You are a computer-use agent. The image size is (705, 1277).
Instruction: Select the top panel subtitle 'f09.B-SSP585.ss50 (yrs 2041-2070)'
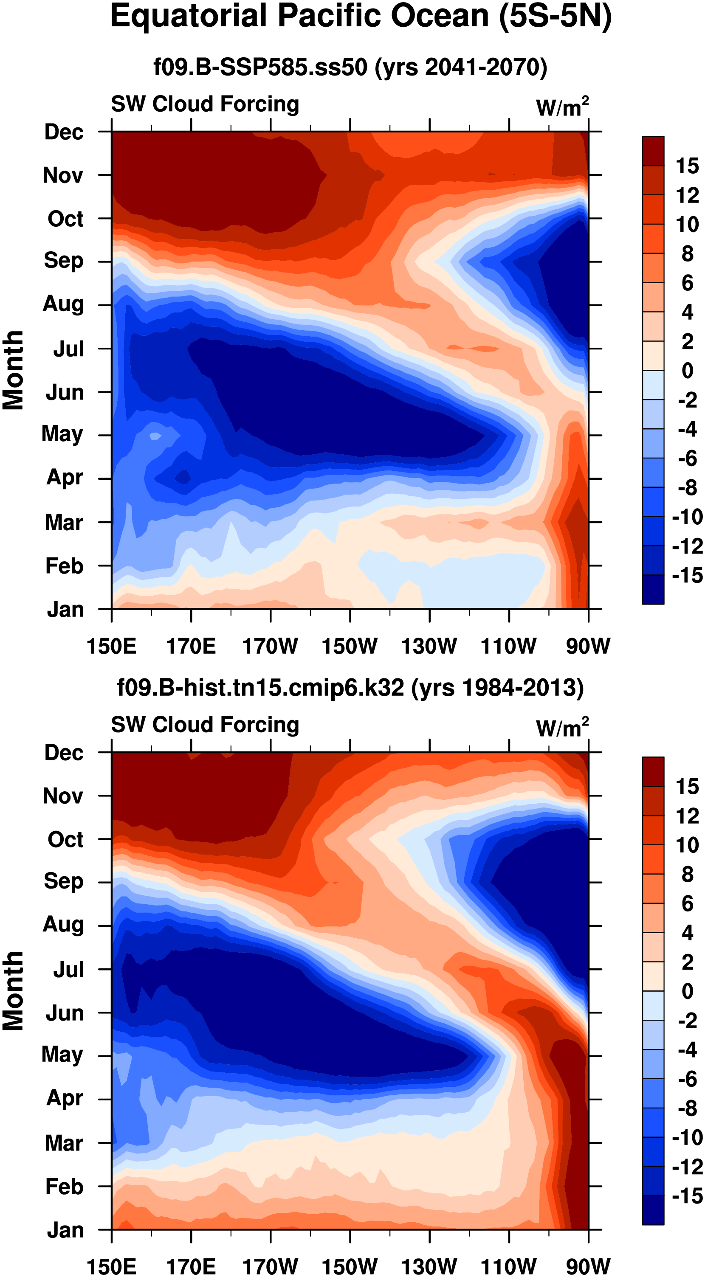pyautogui.click(x=350, y=67)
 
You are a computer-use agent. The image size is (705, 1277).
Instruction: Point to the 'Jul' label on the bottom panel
pyautogui.click(x=68, y=970)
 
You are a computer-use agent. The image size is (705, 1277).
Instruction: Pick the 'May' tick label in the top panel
pyautogui.click(x=62, y=434)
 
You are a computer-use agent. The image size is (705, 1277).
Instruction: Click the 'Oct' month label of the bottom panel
pyautogui.click(x=65, y=840)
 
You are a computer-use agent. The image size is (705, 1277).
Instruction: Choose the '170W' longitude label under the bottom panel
pyautogui.click(x=270, y=1266)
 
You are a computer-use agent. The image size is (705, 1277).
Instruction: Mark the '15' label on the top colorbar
pyautogui.click(x=687, y=166)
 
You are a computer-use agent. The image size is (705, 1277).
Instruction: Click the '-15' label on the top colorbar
pyautogui.click(x=687, y=576)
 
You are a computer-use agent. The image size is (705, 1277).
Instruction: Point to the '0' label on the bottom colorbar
pyautogui.click(x=687, y=991)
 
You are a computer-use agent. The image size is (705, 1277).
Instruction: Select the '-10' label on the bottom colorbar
pyautogui.click(x=687, y=1137)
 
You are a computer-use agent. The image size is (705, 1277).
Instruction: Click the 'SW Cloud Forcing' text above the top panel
pyautogui.click(x=205, y=104)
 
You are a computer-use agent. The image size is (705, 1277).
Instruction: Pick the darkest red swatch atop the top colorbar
pyautogui.click(x=653, y=151)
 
